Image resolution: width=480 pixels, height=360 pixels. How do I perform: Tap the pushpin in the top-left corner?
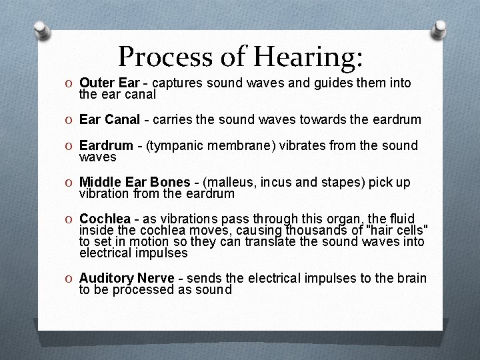[x=42, y=31]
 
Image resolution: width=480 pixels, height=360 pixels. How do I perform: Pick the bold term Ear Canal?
[x=109, y=119]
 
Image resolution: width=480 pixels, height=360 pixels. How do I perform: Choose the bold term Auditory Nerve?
[x=125, y=278]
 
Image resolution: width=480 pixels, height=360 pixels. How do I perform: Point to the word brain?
[x=409, y=278]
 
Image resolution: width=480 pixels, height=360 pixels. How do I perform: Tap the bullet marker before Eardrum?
[x=70, y=145]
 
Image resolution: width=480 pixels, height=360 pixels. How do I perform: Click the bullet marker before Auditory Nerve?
[x=70, y=278]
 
